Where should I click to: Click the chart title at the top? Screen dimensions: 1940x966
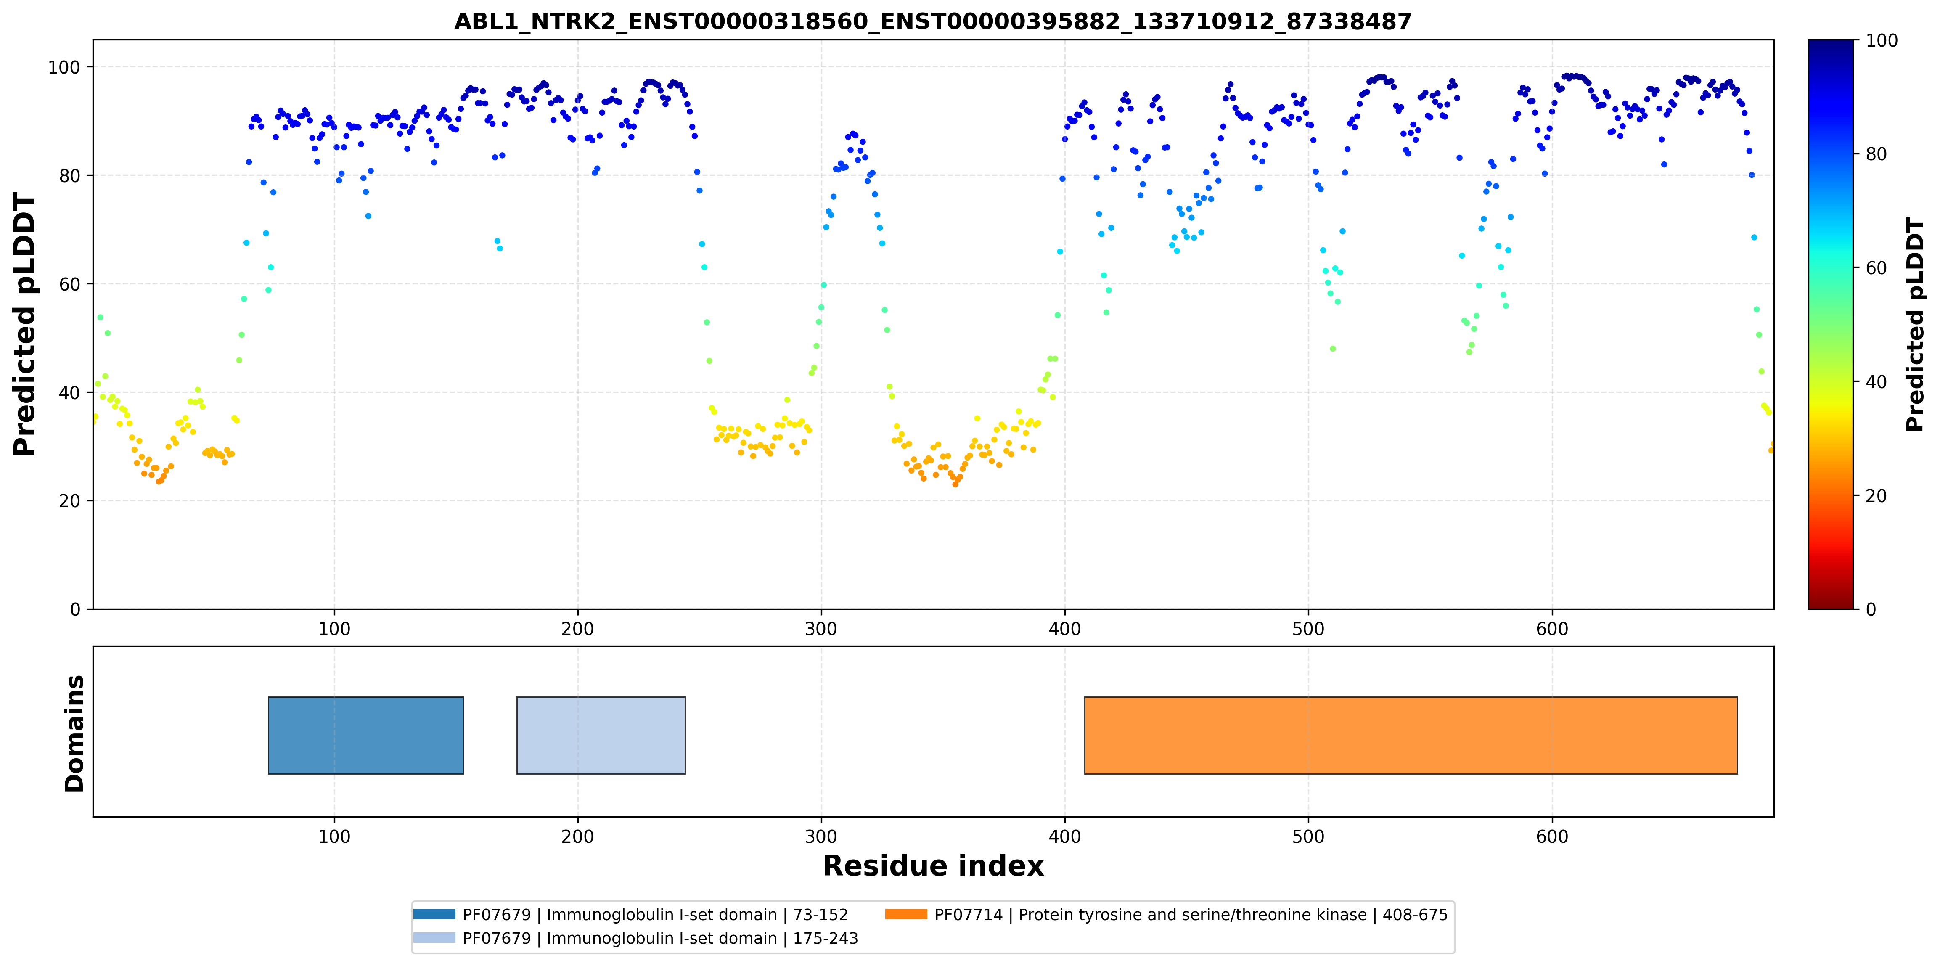tap(932, 21)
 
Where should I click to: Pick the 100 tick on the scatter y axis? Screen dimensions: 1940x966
tap(64, 67)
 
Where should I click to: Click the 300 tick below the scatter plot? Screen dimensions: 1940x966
tap(821, 629)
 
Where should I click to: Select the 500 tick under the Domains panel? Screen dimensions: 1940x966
tap(1308, 836)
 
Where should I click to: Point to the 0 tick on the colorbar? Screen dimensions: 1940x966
tap(1871, 609)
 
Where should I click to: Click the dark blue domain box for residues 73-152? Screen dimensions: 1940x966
tap(366, 736)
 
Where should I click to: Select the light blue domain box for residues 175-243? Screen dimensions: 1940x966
tap(601, 736)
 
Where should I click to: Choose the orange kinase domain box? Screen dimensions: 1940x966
tap(1411, 736)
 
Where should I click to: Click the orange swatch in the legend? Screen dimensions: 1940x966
tap(906, 914)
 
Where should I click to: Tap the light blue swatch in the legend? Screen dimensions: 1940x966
tap(434, 937)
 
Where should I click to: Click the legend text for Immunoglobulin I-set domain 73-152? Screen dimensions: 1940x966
tap(655, 915)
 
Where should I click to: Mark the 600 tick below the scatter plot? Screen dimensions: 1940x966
tap(1552, 629)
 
